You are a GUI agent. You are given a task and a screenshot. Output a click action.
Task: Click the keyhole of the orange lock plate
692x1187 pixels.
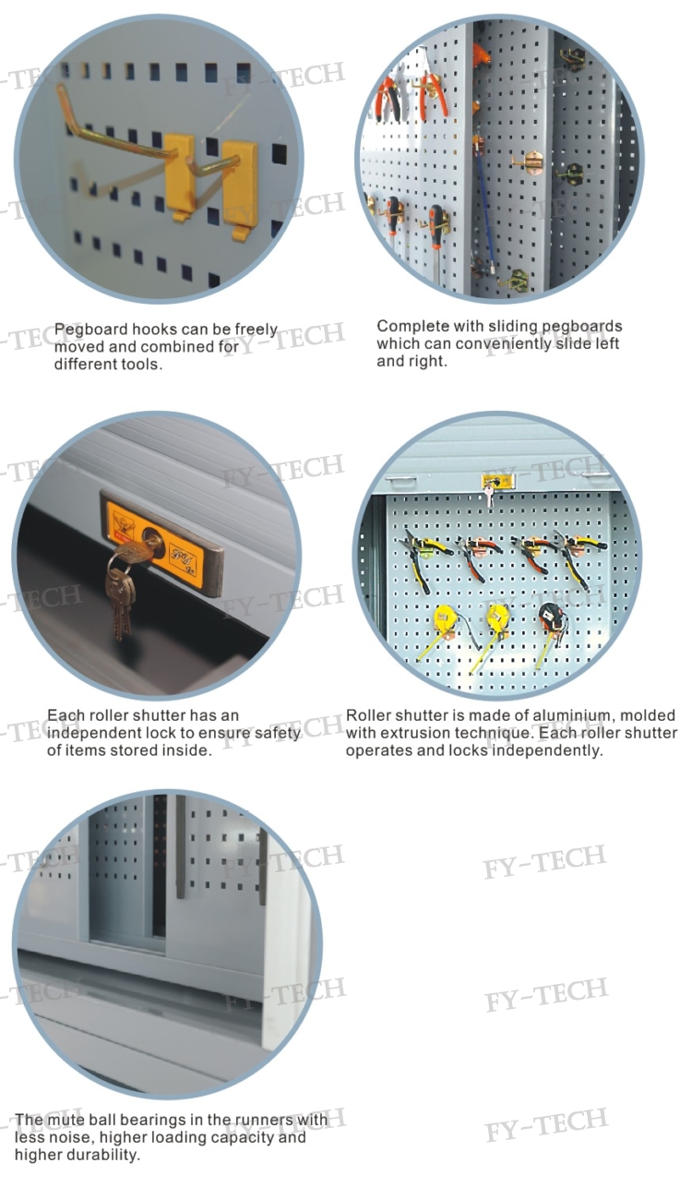click(153, 541)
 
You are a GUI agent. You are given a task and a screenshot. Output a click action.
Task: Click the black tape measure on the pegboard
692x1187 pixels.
click(552, 617)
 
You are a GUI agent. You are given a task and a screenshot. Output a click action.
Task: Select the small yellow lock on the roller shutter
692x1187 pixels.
click(497, 482)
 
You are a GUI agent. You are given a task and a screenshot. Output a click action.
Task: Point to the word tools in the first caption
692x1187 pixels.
click(142, 365)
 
